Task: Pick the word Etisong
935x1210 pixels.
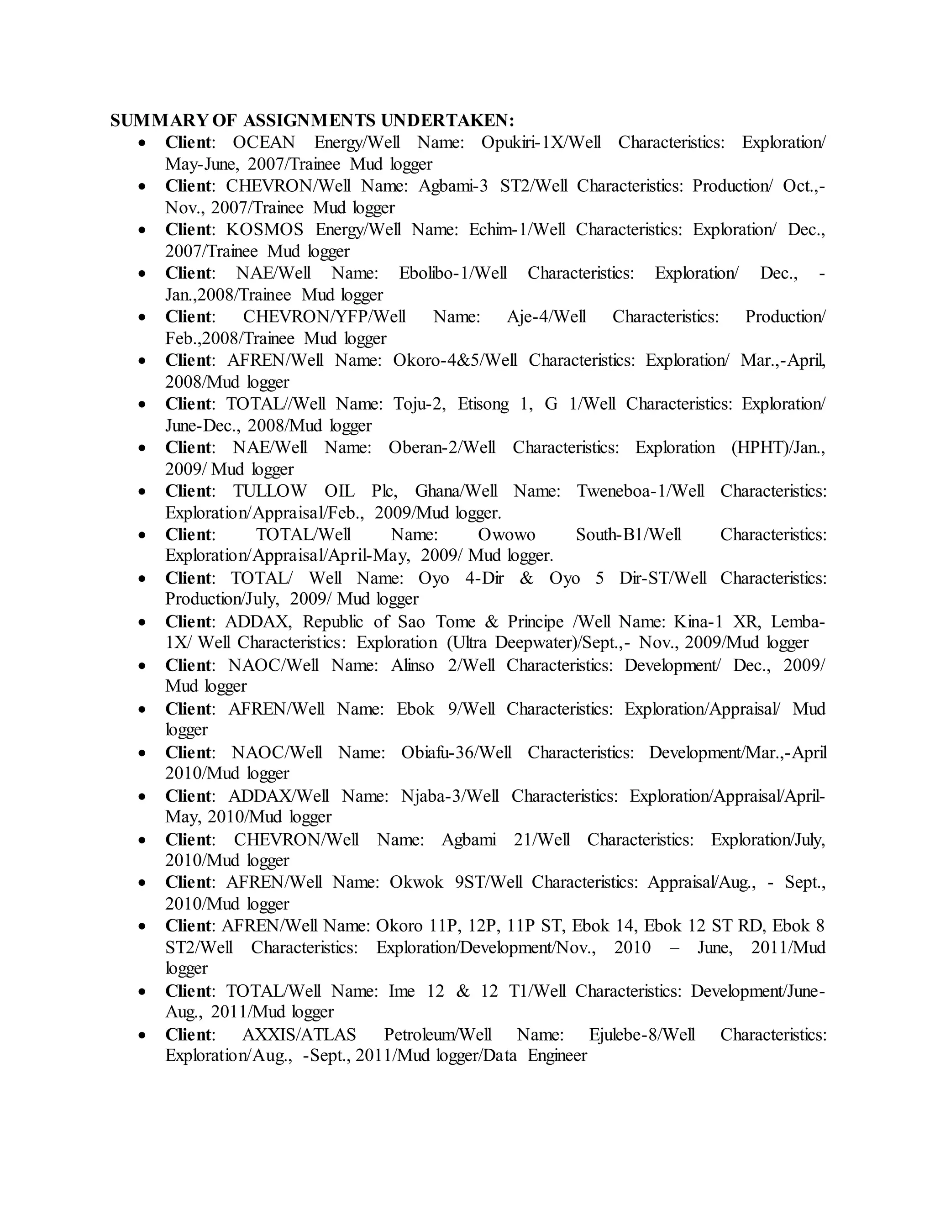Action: (483, 404)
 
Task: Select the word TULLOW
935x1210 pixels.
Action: (269, 491)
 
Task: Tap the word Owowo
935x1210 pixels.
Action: (506, 535)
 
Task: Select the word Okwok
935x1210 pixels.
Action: (416, 882)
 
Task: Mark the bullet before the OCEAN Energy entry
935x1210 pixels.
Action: (143, 143)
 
